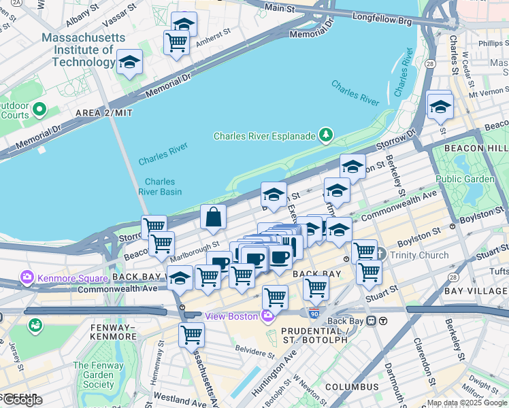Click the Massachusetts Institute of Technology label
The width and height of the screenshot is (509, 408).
[x=80, y=50]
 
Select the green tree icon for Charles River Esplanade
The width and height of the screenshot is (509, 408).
[x=327, y=135]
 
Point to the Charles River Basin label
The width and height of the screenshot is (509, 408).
[x=160, y=186]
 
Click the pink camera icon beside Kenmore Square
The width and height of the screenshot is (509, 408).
[x=27, y=278]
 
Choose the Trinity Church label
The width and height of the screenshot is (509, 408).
[x=418, y=256]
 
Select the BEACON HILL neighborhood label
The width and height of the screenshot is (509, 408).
[x=476, y=148]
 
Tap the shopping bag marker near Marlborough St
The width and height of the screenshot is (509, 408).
[x=214, y=218]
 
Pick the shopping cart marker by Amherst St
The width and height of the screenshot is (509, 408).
[x=177, y=43]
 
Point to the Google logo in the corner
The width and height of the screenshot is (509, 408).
[x=22, y=400]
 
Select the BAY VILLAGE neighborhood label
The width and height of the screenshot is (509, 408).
[x=476, y=291]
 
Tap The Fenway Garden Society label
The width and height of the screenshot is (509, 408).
[x=99, y=375]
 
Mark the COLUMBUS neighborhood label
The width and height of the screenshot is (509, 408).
[x=351, y=387]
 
